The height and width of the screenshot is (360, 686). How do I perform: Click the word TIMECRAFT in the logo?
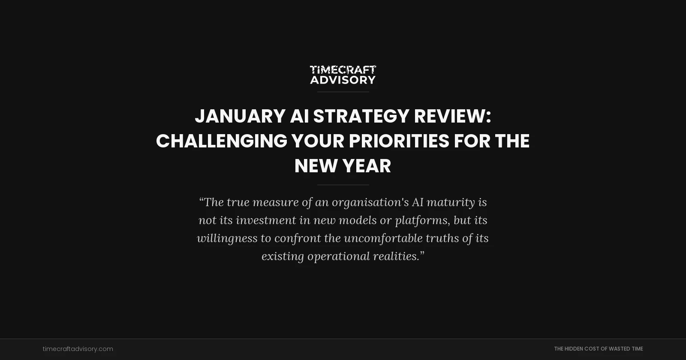343,69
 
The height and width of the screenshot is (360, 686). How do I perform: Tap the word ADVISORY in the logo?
343,80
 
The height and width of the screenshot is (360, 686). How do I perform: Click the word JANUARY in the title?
240,116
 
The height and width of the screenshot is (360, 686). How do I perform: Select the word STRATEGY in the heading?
361,116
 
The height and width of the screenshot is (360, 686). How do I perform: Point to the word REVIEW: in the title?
452,116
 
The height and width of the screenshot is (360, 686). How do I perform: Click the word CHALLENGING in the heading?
221,141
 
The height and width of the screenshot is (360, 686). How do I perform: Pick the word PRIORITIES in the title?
399,141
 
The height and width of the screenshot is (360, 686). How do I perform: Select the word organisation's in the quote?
370,202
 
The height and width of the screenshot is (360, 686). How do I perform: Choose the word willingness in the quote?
227,238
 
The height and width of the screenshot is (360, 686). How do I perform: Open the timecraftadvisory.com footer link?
78,349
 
